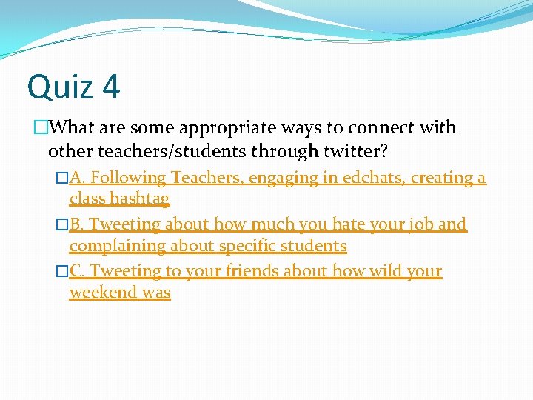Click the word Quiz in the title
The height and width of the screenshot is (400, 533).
click(60, 87)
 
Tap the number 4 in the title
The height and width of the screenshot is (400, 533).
click(111, 87)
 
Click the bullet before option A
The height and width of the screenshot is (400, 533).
click(62, 179)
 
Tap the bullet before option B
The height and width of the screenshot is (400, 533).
click(62, 224)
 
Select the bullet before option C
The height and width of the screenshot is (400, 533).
click(62, 272)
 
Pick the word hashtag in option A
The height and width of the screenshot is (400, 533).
click(141, 199)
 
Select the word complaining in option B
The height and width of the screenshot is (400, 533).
click(115, 245)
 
